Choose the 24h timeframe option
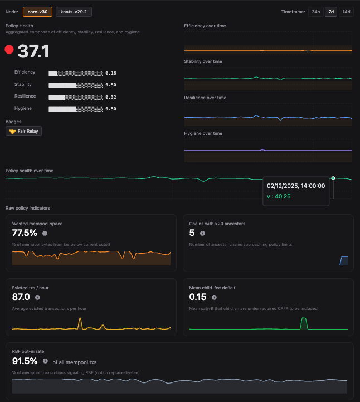click(315, 12)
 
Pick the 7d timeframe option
click(331, 12)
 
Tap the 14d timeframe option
click(346, 12)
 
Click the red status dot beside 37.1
click(9, 50)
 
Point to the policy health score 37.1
click(33, 51)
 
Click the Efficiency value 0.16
click(110, 73)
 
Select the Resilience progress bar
click(75, 97)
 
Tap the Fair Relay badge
click(23, 131)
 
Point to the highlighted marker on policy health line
click(333, 178)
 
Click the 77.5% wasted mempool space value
click(25, 233)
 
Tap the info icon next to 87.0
click(37, 297)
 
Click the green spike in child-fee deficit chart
click(303, 323)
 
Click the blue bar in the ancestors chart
click(344, 260)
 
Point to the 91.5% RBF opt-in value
click(25, 361)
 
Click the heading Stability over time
click(203, 61)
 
